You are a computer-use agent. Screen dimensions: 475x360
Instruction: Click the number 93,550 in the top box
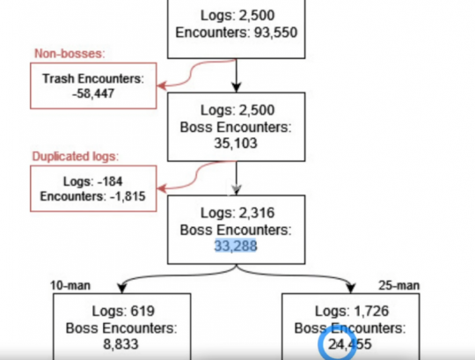[x=275, y=33]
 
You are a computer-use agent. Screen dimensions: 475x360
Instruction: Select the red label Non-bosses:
[x=69, y=54]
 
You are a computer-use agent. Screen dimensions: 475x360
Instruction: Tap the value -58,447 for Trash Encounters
[x=93, y=93]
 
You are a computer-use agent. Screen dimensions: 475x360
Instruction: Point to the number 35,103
[x=236, y=143]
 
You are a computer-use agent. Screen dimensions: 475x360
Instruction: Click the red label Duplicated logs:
[x=76, y=157]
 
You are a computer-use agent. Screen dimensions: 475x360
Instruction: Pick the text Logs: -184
[x=92, y=181]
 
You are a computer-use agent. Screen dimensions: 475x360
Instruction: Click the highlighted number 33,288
[x=236, y=246]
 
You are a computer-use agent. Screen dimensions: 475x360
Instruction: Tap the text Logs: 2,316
[x=237, y=213]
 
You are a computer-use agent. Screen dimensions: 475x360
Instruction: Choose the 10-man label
[x=70, y=285]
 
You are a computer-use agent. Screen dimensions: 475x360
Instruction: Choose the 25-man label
[x=399, y=285]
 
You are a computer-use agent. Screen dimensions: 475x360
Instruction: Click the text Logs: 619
[x=123, y=311]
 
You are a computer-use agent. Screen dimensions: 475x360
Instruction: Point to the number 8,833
[x=121, y=344]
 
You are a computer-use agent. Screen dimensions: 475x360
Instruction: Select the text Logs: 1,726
[x=352, y=311]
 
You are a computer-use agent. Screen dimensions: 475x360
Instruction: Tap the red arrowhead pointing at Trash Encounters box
[x=162, y=85]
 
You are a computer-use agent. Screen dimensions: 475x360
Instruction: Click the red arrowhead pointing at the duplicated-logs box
[x=162, y=188]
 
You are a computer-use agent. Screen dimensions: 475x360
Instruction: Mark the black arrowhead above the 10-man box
[x=121, y=288]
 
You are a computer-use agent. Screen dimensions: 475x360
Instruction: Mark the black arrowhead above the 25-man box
[x=351, y=288]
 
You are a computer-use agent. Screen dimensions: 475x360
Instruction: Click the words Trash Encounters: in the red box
[x=93, y=79]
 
